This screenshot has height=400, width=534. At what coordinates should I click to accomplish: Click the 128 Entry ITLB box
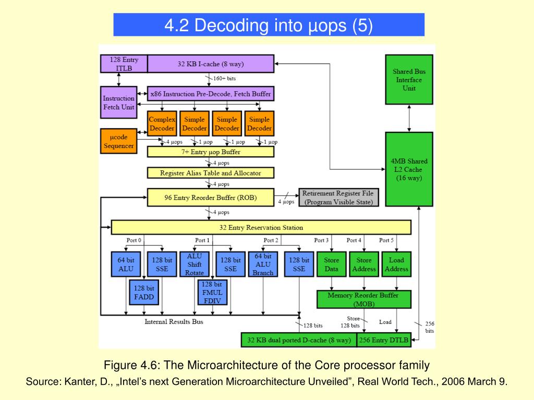pos(124,64)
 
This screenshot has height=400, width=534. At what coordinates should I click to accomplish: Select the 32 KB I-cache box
pos(211,64)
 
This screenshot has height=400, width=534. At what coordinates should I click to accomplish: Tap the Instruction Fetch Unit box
pos(118,103)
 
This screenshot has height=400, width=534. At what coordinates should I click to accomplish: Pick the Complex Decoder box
pos(162,124)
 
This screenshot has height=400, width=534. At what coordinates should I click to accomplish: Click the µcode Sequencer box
pos(118,141)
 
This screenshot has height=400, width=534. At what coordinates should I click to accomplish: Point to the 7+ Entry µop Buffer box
pos(211,152)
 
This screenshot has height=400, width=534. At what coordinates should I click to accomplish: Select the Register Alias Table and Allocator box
pos(211,173)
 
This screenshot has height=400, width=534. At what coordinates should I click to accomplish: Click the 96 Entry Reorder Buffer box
pos(211,197)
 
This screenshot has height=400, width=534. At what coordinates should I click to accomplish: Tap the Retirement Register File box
pos(338,197)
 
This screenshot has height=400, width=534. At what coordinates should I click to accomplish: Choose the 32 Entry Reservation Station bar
pos(261,228)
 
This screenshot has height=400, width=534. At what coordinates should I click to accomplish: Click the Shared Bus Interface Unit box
pos(409,80)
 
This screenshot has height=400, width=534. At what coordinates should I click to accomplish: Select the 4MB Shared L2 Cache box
pos(409,169)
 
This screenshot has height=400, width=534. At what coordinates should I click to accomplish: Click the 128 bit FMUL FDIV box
pos(212,293)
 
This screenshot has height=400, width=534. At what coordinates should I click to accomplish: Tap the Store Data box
pos(332,265)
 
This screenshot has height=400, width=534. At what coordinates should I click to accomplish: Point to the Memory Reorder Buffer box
pos(363,299)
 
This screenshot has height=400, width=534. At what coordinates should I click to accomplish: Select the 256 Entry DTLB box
pos(384,340)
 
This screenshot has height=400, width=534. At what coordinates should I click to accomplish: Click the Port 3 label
pos(321,240)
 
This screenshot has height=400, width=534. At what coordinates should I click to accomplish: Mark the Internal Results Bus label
pos(174,322)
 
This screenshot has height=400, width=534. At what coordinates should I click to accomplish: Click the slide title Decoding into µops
pos(269,25)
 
